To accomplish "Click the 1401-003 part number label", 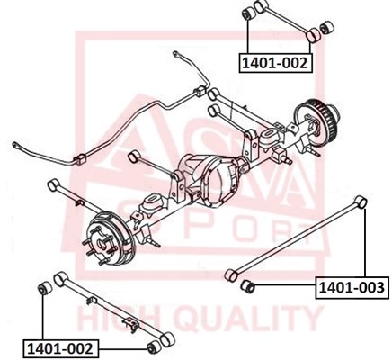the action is tap(352, 288).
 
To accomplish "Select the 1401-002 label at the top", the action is tap(275, 63).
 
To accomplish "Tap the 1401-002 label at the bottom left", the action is tap(60, 349).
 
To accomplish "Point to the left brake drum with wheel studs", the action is tap(107, 238).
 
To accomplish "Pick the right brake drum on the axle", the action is tap(317, 121).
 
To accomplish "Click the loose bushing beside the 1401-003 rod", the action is tap(247, 285).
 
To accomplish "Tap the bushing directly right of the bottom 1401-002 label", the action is tap(154, 347).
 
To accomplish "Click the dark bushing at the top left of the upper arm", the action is tap(248, 13).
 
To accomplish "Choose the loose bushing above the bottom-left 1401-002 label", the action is tap(45, 288).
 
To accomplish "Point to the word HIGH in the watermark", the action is tap(120, 319).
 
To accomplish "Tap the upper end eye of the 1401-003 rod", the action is tap(361, 202).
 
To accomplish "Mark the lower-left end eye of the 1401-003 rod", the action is tap(231, 275).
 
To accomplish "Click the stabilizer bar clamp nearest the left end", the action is tap(80, 159).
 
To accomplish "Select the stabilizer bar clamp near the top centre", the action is tap(200, 91).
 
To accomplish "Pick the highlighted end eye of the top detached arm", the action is tap(313, 36).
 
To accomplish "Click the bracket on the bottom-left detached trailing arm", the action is tap(131, 323).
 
